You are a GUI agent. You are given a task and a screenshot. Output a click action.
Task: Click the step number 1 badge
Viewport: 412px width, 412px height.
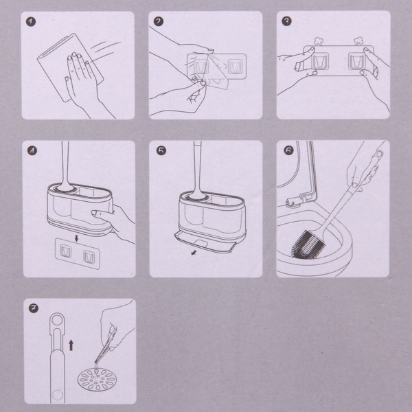pos(31,22)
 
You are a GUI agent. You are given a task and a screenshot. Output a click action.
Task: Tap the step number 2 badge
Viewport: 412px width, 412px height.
pos(159,21)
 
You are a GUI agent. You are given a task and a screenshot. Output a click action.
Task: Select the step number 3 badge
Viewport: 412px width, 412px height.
pos(286,21)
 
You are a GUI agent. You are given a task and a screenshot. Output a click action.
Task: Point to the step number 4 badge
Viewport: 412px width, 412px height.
pos(32,150)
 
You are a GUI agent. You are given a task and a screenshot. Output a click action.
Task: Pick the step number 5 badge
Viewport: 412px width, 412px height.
pos(161,150)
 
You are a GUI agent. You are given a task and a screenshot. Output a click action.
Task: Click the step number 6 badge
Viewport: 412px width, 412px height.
pos(288,150)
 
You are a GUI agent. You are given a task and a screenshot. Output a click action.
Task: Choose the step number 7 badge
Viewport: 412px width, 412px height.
pos(34,308)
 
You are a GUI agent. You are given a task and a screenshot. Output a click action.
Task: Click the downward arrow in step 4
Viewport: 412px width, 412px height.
pos(76,238)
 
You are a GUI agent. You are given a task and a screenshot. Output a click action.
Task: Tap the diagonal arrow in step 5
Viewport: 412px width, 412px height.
pos(194,253)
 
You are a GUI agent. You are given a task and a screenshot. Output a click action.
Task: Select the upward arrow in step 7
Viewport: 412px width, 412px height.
pos(71,345)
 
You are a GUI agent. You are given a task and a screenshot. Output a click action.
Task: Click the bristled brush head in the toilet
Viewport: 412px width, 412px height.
pos(308,245)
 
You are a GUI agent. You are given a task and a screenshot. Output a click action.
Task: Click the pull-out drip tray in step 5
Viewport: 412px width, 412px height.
pos(204,242)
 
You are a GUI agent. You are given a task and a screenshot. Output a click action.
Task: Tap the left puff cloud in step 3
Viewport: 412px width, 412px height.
pos(318,41)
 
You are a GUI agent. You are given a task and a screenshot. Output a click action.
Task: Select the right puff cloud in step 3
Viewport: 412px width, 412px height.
pos(358,41)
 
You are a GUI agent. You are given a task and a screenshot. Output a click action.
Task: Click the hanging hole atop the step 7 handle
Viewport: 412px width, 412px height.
pos(57,320)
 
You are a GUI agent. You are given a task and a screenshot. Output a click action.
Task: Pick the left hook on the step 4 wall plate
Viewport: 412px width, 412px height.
pos(65,251)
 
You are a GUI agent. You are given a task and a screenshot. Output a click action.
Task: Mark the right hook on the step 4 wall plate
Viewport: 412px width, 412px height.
pos(89,257)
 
